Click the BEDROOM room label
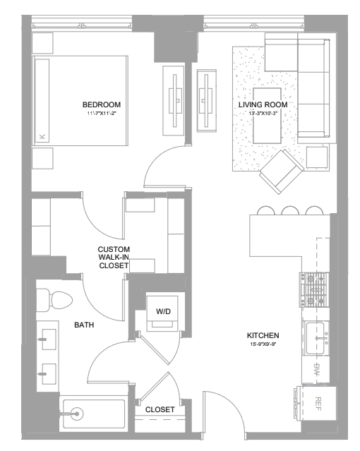[x=102, y=104]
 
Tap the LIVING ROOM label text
[x=263, y=104]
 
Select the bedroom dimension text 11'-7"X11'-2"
[x=102, y=114]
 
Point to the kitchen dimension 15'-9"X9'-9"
[x=262, y=344]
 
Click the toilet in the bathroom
[x=54, y=300]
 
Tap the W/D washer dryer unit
[x=163, y=311]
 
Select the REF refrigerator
[x=318, y=404]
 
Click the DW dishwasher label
[x=316, y=369]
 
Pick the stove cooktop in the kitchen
[x=315, y=290]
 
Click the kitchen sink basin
[x=316, y=338]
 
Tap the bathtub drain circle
[x=77, y=414]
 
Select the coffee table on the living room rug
[x=267, y=116]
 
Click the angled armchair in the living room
[x=282, y=172]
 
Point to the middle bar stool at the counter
[x=290, y=211]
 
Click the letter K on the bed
[x=42, y=136]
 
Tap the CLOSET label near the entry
[x=160, y=409]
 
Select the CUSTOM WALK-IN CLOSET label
[x=114, y=258]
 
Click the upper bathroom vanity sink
[x=49, y=339]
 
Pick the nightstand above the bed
[x=42, y=43]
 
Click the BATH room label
[x=84, y=325]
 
